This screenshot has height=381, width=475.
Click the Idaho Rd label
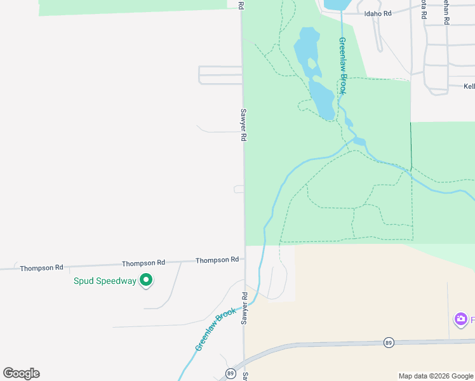[377, 13]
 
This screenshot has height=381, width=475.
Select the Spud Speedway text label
[105, 281]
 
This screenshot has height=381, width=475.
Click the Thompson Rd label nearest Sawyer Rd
[217, 260]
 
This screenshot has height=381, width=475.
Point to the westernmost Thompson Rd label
[41, 268]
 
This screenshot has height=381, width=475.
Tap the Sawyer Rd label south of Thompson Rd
[244, 308]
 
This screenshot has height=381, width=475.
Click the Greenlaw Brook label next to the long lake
[342, 66]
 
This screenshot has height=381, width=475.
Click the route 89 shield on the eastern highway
[389, 342]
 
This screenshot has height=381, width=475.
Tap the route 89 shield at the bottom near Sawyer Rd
[230, 373]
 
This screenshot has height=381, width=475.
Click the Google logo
[21, 373]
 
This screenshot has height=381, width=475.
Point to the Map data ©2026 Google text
[436, 376]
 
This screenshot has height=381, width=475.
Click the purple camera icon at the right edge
[460, 319]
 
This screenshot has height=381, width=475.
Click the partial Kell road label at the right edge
[469, 86]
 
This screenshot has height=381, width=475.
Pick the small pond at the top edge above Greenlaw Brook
[335, 4]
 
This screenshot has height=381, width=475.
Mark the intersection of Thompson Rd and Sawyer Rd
[244, 260]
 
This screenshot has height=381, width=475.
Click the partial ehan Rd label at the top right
[446, 11]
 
